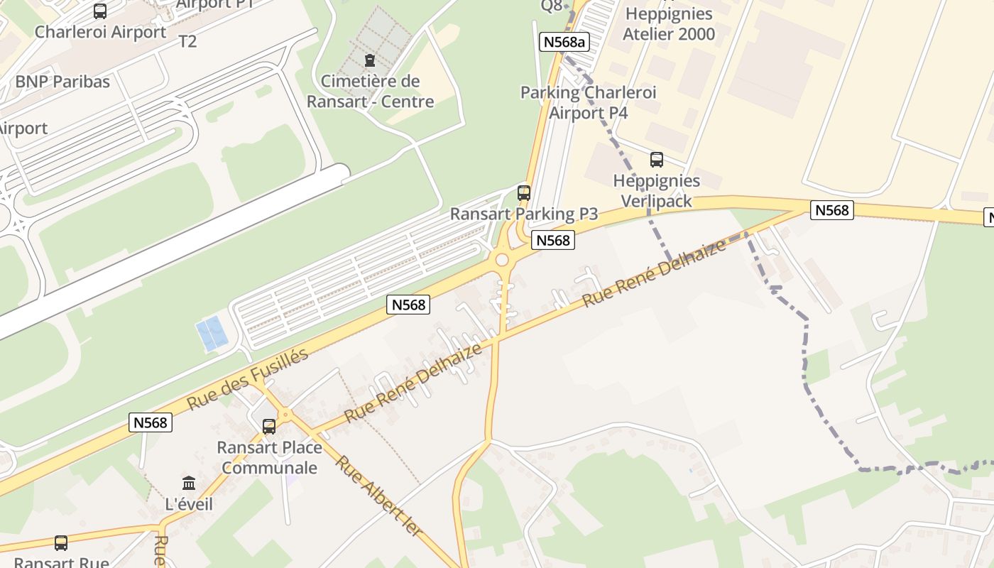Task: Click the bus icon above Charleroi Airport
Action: coord(100,11)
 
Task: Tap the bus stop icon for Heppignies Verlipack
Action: coord(657,160)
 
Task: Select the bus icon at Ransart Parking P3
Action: coord(524,192)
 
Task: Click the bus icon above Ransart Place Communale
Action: coord(269,427)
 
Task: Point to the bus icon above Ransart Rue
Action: coord(61,543)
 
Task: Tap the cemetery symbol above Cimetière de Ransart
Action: coord(369,60)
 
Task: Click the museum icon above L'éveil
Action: coord(189,484)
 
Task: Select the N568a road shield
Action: coord(564,42)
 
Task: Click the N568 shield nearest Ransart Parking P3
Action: coord(552,241)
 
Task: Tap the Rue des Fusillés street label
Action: coord(248,379)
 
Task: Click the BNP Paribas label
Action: coord(62,82)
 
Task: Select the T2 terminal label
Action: coord(187,41)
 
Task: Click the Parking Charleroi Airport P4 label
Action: coord(589,102)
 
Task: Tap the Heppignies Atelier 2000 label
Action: coord(668,23)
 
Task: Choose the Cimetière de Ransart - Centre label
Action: coord(370,92)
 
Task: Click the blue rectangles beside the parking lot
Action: coord(212,334)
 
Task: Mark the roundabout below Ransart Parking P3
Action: coord(503,260)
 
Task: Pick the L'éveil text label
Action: coord(189,504)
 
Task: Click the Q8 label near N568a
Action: coord(552,6)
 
